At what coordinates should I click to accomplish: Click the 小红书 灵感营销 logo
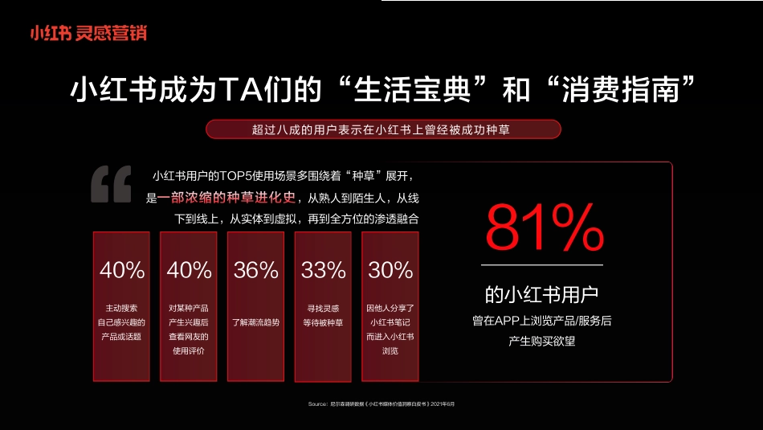point(88,33)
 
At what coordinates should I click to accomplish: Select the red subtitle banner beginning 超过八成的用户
point(382,129)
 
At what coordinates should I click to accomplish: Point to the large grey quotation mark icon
point(110,185)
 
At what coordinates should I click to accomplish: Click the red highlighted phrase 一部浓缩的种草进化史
point(222,198)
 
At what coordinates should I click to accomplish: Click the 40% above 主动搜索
point(122,270)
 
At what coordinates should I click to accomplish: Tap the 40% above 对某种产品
point(189,270)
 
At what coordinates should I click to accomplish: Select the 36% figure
point(256,270)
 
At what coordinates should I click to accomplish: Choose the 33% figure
point(323,270)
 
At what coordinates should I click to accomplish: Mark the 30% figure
point(390,270)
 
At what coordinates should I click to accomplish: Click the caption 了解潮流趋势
point(256,322)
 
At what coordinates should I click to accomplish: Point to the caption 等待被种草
point(323,323)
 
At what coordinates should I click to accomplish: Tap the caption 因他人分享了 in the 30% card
point(390,308)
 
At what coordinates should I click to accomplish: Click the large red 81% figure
point(543,227)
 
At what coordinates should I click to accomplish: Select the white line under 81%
point(542,264)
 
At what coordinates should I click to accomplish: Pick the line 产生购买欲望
point(542,341)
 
